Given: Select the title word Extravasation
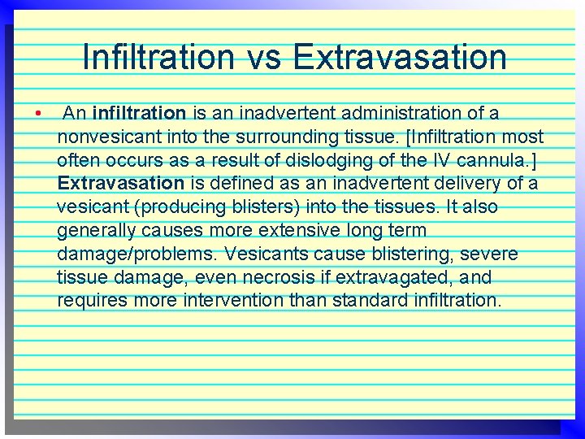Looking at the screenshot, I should coord(399,57).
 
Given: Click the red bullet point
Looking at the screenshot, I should coord(38,112).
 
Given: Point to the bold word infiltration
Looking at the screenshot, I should coord(140,112).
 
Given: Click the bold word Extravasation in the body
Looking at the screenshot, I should coord(121,183).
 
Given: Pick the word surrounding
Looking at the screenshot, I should coord(301,136).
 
